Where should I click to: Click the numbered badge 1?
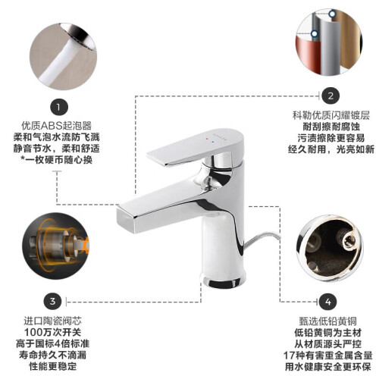click(x=59, y=107)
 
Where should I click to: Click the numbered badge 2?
click(x=330, y=96)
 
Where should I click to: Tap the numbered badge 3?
click(x=52, y=301)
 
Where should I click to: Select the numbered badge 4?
click(x=327, y=302)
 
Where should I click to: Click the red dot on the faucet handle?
click(x=207, y=139)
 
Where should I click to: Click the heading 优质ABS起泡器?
click(x=56, y=125)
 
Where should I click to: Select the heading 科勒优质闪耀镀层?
click(x=331, y=115)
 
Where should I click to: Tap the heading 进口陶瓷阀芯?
click(x=52, y=321)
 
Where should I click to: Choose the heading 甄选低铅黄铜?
click(x=328, y=321)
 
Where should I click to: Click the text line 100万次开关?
click(x=52, y=332)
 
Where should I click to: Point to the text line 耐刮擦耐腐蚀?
click(x=331, y=127)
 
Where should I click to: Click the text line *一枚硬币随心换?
click(x=56, y=160)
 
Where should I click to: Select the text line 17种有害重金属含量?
click(x=328, y=356)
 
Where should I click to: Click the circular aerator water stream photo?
click(x=63, y=56)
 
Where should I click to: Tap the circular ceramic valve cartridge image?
click(x=56, y=246)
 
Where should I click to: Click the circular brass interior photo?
click(x=330, y=248)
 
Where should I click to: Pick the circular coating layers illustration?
click(x=329, y=42)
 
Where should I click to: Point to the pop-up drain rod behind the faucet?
click(x=262, y=240)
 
